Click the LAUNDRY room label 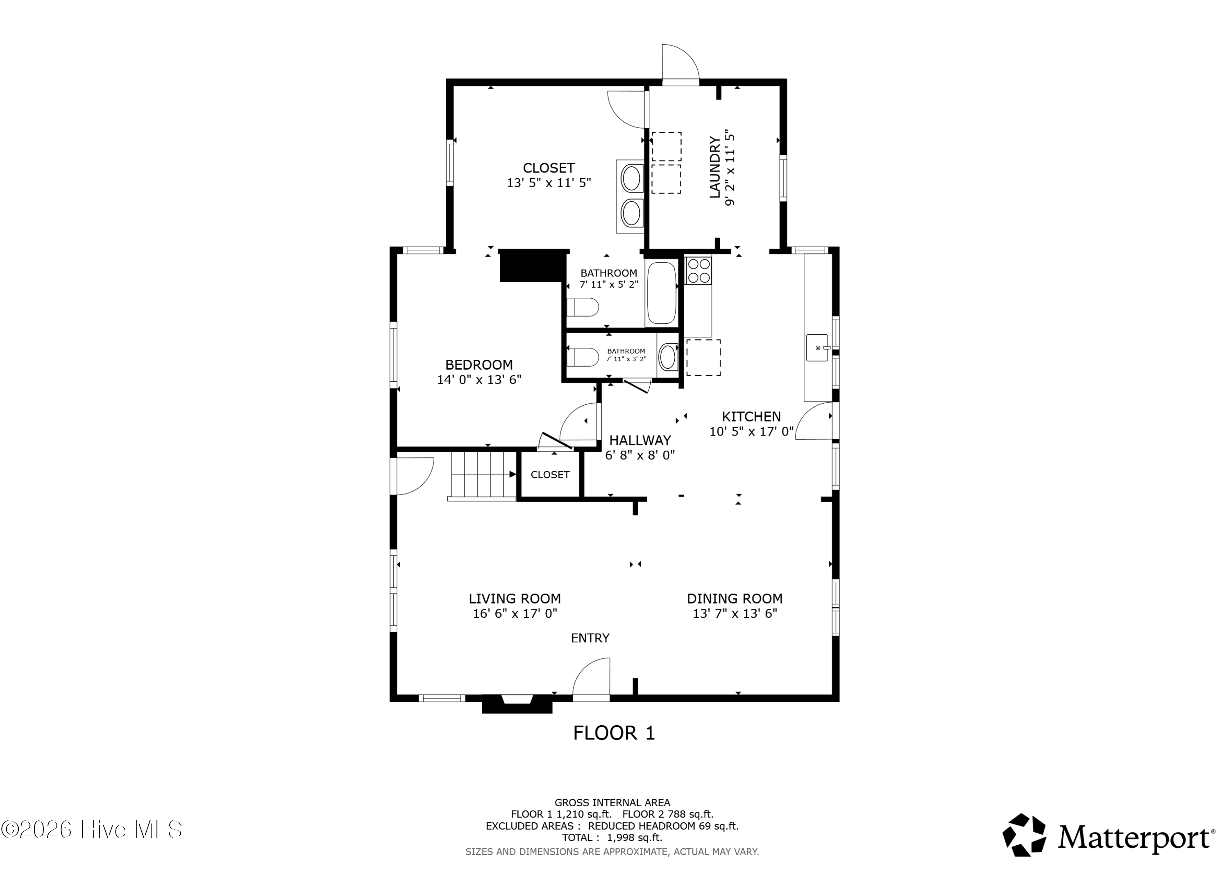pos(714,168)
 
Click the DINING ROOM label pos(735,599)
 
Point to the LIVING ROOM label pos(515,599)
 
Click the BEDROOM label pos(478,365)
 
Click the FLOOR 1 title pos(614,733)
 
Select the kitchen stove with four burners pos(698,270)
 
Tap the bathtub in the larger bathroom pos(661,293)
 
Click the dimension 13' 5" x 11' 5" pos(549,183)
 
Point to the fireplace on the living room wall pos(517,703)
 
